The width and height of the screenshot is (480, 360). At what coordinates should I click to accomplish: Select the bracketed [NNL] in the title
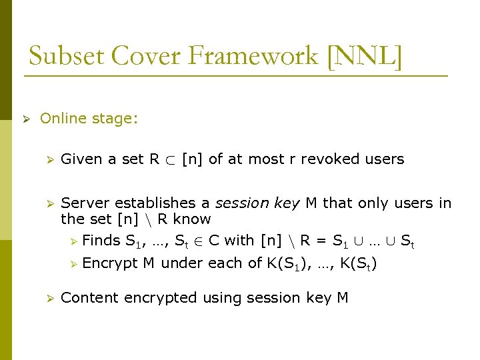(x=365, y=57)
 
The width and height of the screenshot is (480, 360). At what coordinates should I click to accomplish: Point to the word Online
(x=63, y=119)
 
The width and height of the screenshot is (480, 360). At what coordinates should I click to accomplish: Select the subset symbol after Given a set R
(x=171, y=160)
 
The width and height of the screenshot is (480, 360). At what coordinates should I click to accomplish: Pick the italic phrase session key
(x=257, y=203)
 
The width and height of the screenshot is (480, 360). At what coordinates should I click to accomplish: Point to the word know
(x=191, y=219)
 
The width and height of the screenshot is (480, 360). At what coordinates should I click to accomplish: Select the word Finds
(x=101, y=241)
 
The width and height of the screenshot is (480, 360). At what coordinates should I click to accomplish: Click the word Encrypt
(x=109, y=263)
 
